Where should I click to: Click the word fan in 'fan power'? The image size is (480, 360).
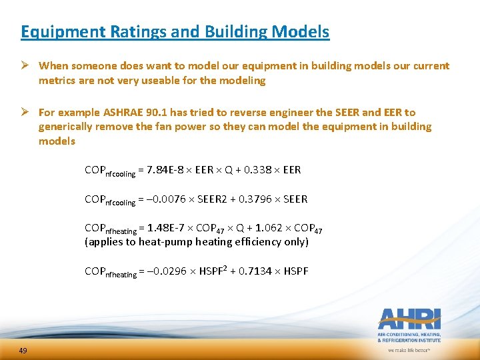173,127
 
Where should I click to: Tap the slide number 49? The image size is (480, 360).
23,351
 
